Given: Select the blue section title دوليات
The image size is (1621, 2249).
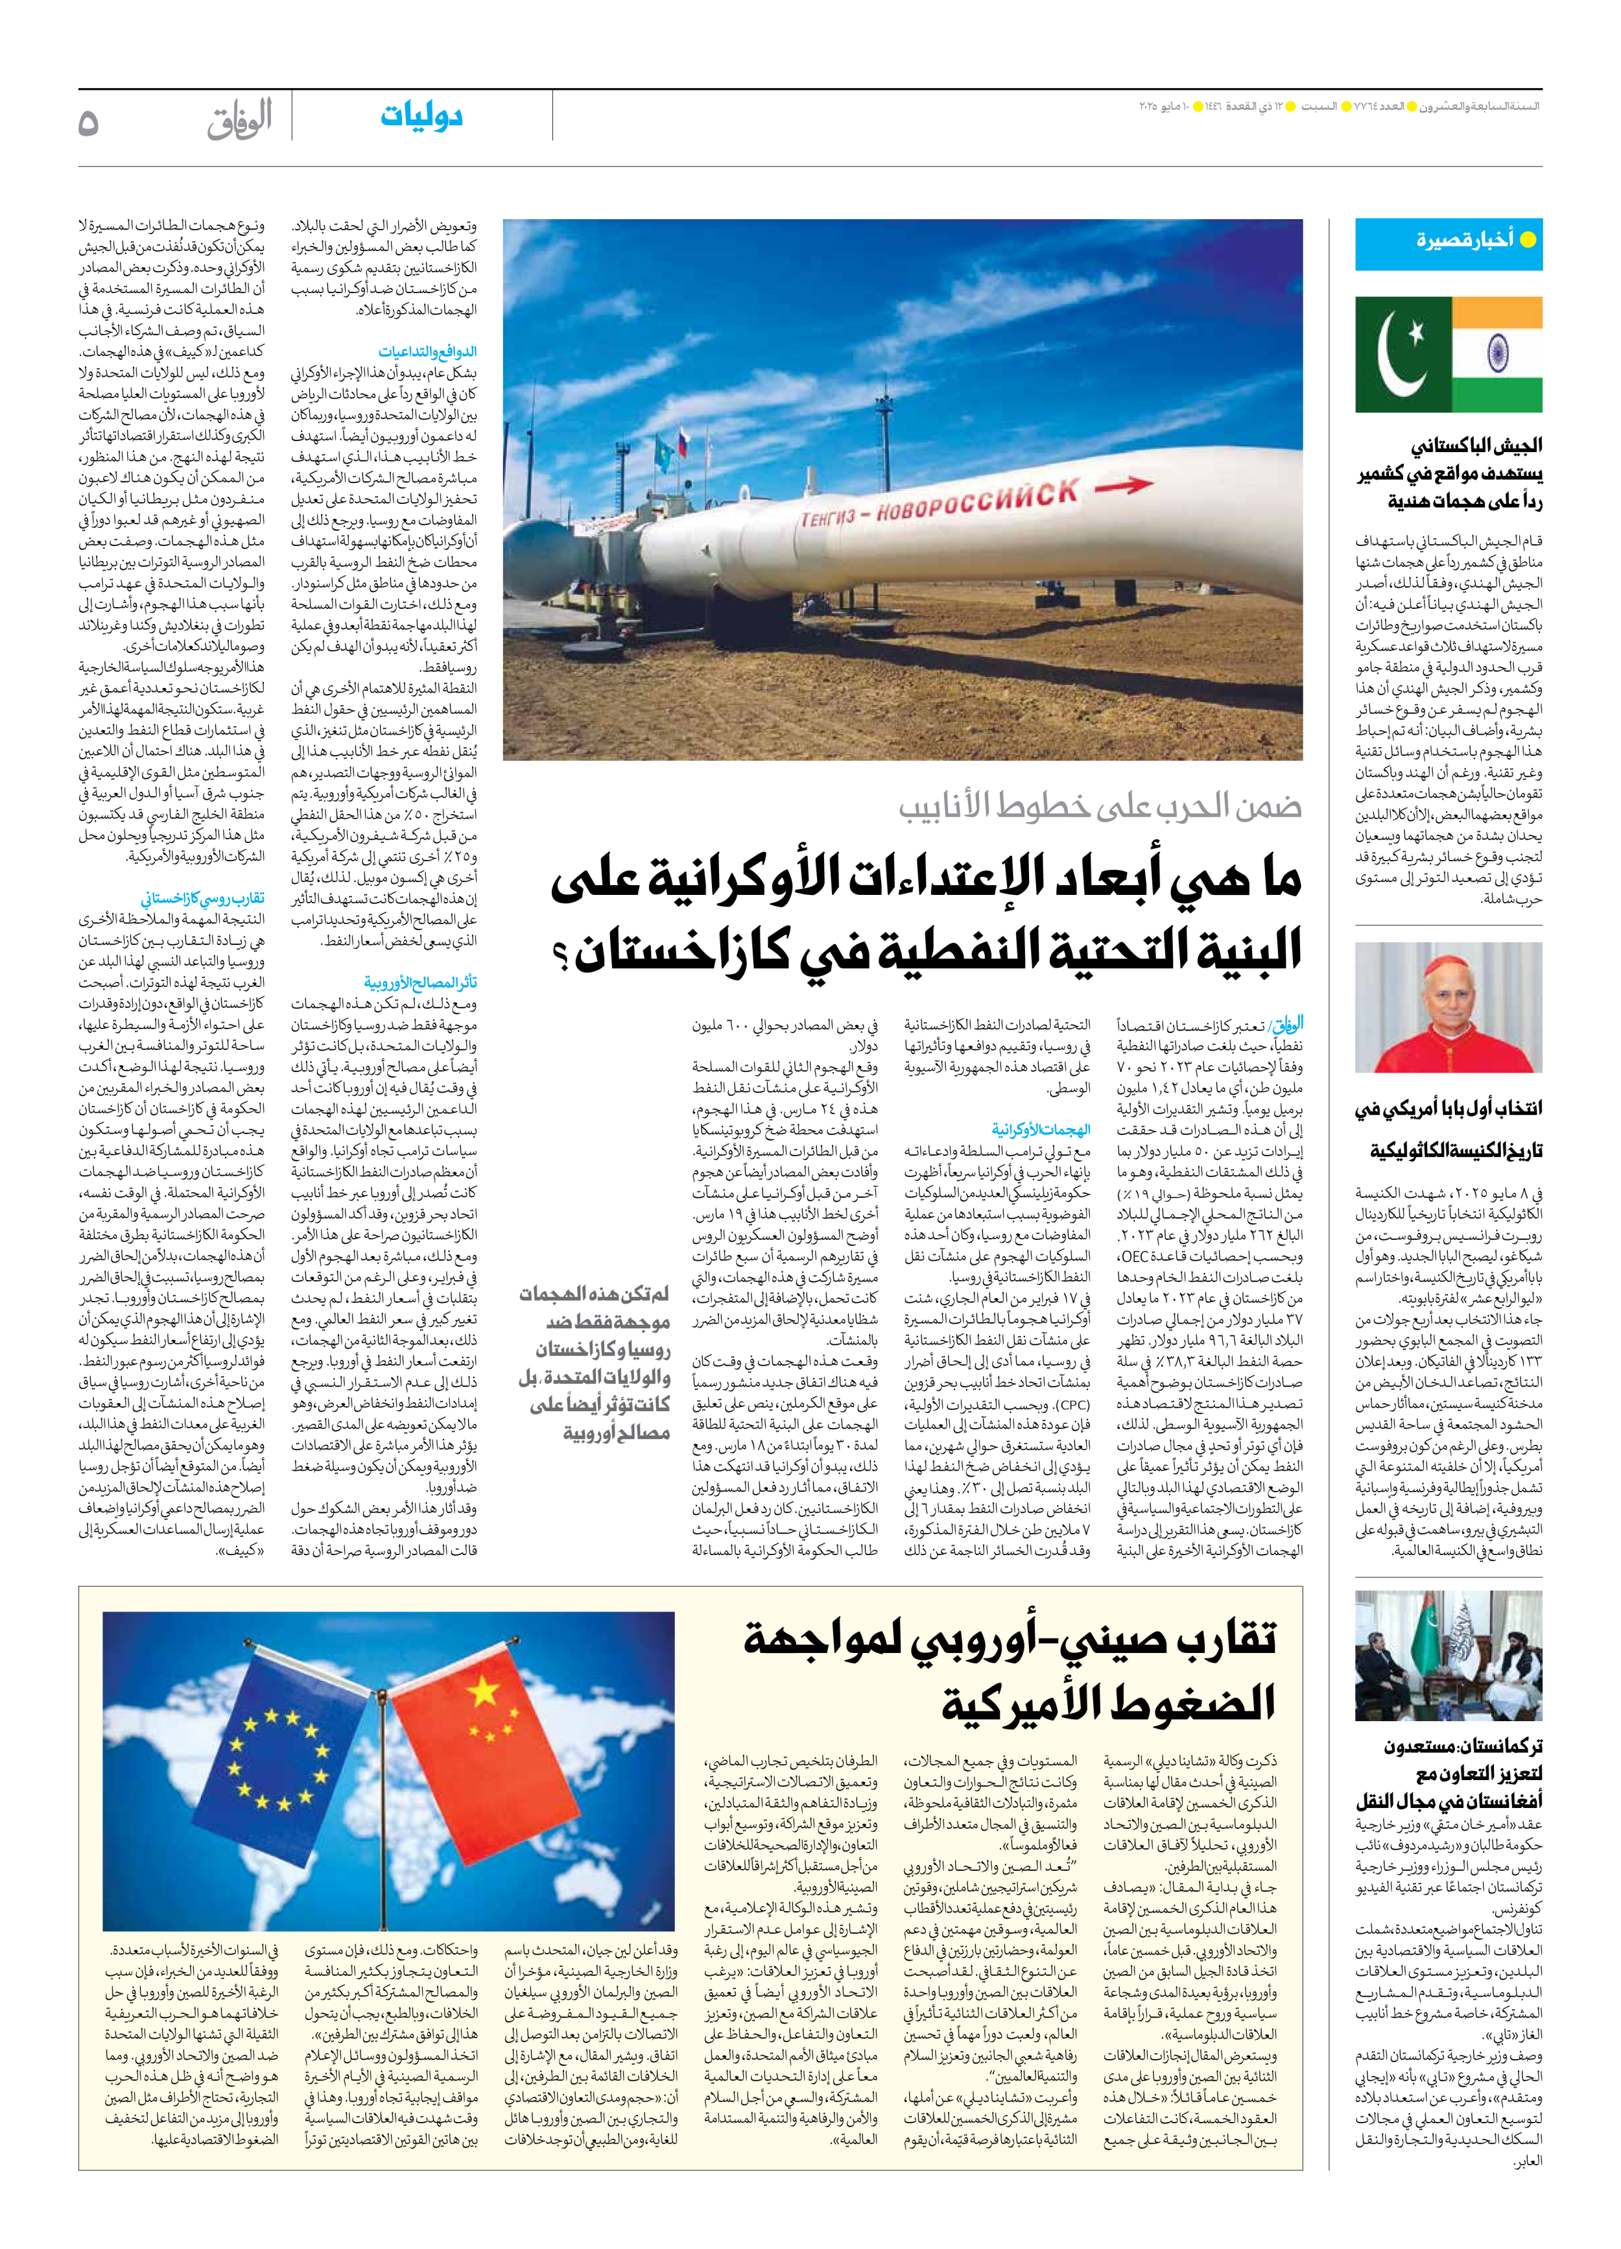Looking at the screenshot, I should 421,117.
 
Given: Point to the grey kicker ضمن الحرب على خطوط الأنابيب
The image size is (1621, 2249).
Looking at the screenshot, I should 1100,806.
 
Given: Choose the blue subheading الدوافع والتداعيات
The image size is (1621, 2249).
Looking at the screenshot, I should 426,352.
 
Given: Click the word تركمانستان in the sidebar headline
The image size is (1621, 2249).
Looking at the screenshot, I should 1497,1746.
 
